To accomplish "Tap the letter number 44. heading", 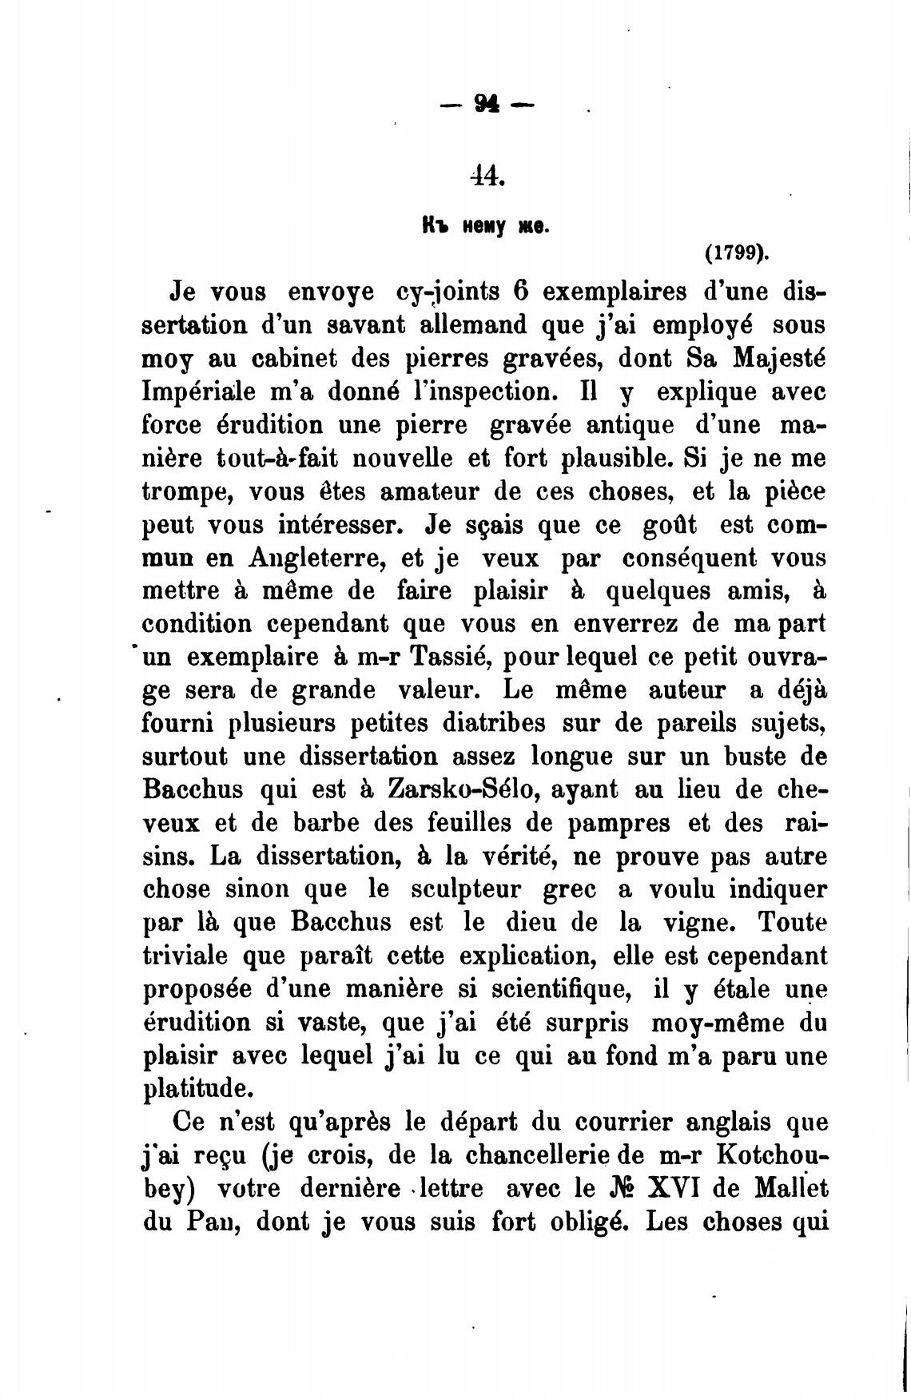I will [x=487, y=174].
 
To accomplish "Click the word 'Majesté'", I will [x=779, y=358].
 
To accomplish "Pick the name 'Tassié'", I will [x=444, y=657].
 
